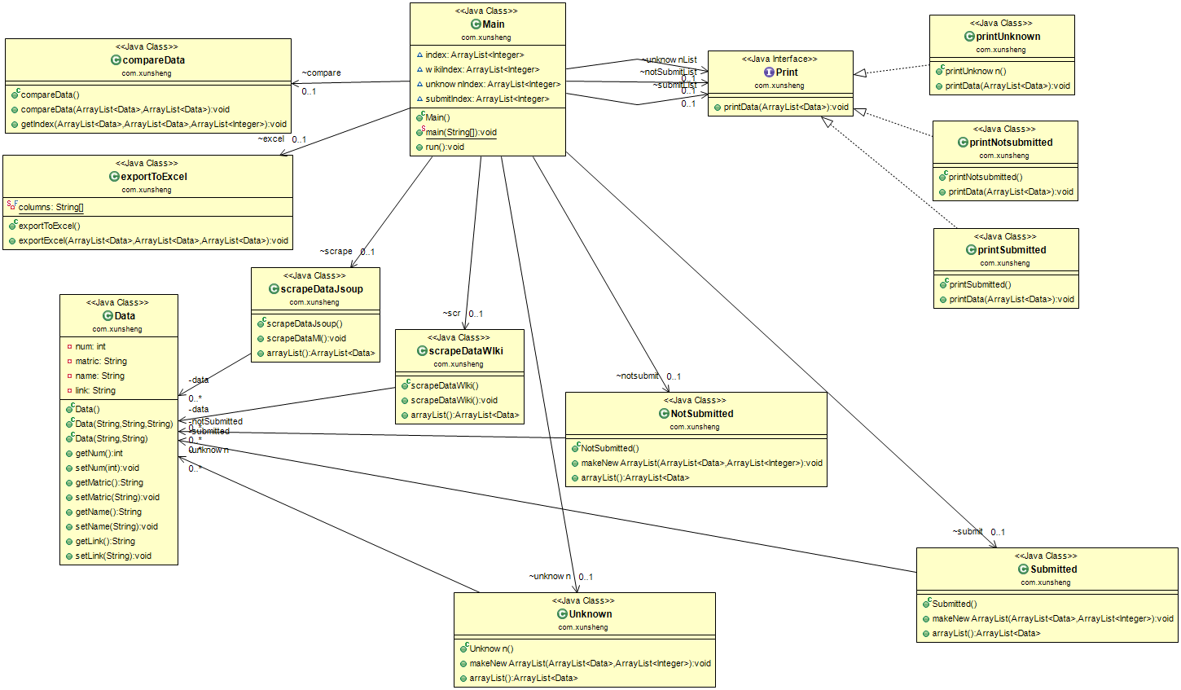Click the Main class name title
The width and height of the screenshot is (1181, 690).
[x=493, y=24]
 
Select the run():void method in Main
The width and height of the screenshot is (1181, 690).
[x=444, y=147]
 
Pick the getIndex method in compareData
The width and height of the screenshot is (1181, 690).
[x=153, y=125]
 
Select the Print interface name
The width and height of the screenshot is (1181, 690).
[x=786, y=73]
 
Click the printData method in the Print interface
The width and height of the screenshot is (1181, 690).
[x=785, y=108]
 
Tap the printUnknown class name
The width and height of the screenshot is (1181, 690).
[x=1008, y=37]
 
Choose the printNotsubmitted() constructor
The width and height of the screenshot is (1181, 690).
[x=986, y=178]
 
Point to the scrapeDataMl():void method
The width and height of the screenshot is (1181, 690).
[x=306, y=339]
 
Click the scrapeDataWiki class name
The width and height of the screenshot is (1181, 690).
[x=465, y=351]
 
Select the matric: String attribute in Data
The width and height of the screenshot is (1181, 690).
[x=101, y=362]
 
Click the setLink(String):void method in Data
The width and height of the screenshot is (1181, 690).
[x=113, y=556]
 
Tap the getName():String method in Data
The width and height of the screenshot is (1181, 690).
[x=108, y=512]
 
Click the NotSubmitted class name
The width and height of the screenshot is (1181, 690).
[x=701, y=414]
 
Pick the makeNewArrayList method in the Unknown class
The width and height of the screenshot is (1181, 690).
[x=590, y=664]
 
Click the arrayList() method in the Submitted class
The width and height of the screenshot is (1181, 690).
[x=986, y=634]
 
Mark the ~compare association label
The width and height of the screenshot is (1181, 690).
[x=322, y=73]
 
